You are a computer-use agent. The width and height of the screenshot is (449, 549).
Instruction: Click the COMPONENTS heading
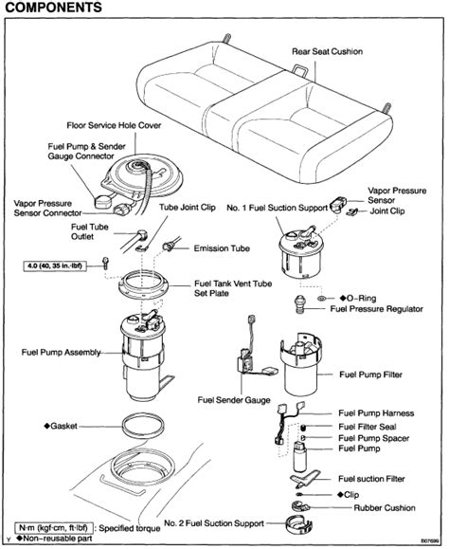(53, 8)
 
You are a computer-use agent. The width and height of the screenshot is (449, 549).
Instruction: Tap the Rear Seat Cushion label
(328, 52)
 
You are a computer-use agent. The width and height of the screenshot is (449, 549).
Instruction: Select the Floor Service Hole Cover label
(114, 125)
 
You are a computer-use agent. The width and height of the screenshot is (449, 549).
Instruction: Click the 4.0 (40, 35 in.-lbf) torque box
(54, 265)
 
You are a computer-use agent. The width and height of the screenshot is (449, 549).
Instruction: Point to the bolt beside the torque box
(105, 263)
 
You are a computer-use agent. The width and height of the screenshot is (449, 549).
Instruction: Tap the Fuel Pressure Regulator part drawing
(299, 304)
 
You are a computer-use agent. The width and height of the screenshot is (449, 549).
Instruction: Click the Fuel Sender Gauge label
(234, 400)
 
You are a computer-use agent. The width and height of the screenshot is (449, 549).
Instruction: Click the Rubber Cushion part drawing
(299, 506)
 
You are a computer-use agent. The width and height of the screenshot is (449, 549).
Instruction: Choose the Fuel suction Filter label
(371, 479)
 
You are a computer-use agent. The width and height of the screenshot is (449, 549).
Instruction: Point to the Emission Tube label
(222, 248)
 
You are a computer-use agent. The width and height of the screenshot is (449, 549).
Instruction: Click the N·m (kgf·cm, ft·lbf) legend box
(53, 527)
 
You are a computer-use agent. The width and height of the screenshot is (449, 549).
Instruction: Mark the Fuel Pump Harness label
(376, 413)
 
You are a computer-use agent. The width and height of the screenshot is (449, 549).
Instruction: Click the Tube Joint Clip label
(188, 208)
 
